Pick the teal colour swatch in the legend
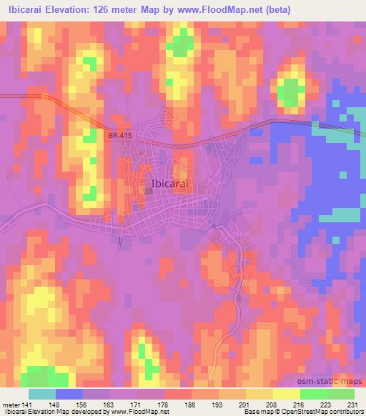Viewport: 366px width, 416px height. click(42, 393)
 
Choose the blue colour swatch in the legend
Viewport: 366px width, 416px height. click(69, 393)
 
